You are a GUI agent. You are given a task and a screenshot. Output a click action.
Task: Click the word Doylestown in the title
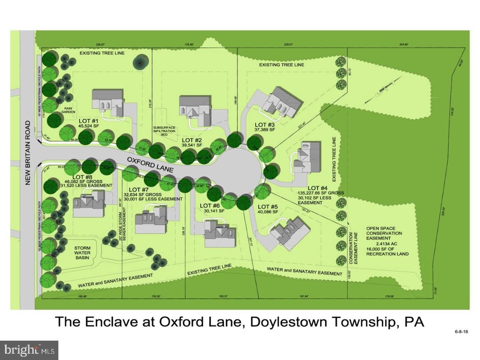click(x=291, y=322)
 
